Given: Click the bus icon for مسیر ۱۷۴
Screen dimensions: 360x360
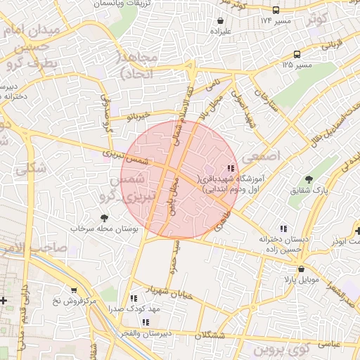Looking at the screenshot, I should [x=276, y=10].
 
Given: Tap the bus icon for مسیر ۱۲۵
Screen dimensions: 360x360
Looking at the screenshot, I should [x=297, y=54].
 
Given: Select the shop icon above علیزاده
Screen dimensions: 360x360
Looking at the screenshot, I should [x=221, y=31].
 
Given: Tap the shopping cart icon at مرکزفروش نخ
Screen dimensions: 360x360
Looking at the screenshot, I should [x=74, y=290].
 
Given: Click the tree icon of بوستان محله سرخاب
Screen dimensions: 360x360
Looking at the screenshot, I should [x=105, y=218].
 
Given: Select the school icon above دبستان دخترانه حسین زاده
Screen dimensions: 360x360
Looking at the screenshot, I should [x=283, y=229].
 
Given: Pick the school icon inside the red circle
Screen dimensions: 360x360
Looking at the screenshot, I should [x=231, y=168].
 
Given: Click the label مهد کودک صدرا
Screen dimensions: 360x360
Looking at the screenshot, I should [x=135, y=308].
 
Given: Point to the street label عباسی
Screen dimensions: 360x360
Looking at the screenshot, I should [x=331, y=344].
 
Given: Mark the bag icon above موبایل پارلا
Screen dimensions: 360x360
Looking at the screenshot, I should [x=302, y=269].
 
